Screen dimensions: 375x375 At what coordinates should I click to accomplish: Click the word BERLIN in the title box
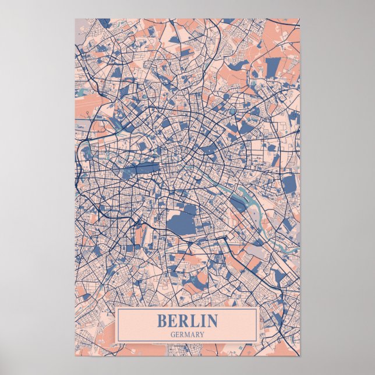(x=187, y=321)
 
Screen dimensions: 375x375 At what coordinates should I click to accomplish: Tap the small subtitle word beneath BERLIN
(x=187, y=334)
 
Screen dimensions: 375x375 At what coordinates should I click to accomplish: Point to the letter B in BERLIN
(x=161, y=321)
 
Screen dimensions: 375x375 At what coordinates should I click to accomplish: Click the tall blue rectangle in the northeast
(x=272, y=67)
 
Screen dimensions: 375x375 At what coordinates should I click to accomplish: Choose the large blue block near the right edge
(x=289, y=185)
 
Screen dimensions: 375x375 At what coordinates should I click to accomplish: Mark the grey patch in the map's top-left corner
(x=81, y=27)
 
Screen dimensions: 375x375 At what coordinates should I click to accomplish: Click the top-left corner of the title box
(x=116, y=309)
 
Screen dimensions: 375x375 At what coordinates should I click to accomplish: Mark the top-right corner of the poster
(x=300, y=19)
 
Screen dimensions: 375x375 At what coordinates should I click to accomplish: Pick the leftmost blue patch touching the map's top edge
(x=103, y=23)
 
